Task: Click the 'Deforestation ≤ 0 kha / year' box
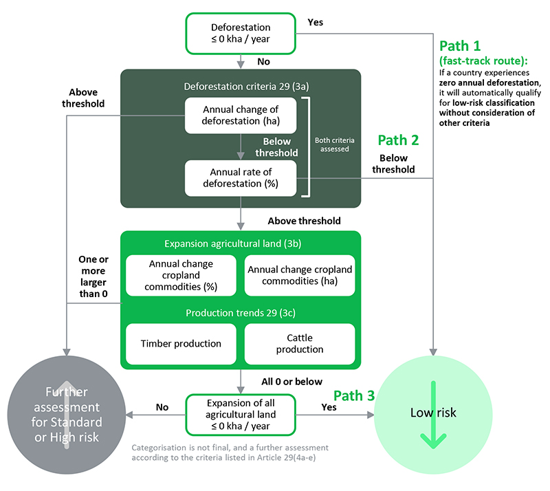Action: tap(240, 33)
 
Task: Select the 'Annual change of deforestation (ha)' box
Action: tap(240, 116)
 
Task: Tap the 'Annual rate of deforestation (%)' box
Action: tap(240, 179)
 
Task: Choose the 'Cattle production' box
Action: tap(300, 344)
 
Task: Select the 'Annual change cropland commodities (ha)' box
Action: tap(300, 275)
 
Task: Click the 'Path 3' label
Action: tap(355, 396)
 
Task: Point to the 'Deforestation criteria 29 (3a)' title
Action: tap(240, 87)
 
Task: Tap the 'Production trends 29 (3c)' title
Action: tap(240, 313)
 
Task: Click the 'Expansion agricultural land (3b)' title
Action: tap(240, 244)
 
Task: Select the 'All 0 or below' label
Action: tap(292, 382)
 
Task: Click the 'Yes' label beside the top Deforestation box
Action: tap(315, 22)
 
